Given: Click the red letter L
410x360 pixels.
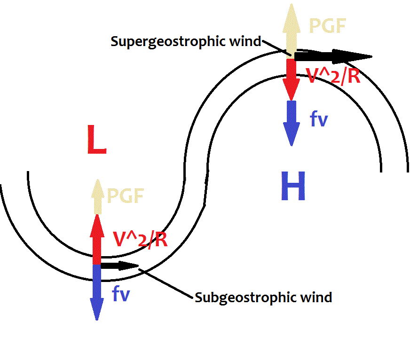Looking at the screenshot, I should click(96, 141).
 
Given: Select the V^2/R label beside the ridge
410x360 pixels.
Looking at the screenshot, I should click(333, 76).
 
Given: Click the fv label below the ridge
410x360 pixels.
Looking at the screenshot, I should click(319, 119).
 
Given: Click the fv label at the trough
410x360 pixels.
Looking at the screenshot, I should click(121, 294).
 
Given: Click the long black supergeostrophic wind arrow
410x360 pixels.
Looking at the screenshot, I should click(331, 56).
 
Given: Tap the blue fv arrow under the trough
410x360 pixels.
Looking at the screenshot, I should click(97, 291).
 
